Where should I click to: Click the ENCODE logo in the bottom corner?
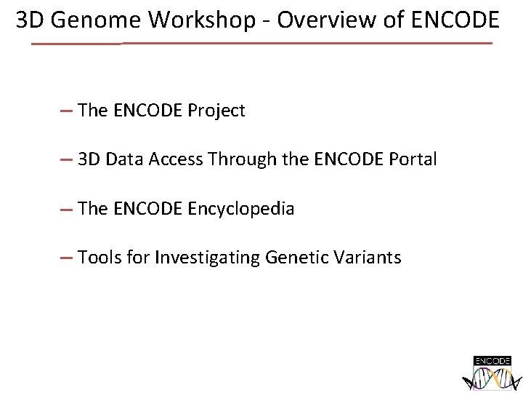pos(492,373)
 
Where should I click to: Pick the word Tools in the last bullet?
pos(99,258)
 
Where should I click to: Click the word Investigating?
pos(208,258)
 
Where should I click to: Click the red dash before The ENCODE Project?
pos(66,111)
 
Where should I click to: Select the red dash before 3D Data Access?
pos(66,160)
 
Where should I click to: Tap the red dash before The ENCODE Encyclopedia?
pos(66,210)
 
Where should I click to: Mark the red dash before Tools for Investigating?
pos(66,258)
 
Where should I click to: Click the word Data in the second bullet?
pos(125,159)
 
